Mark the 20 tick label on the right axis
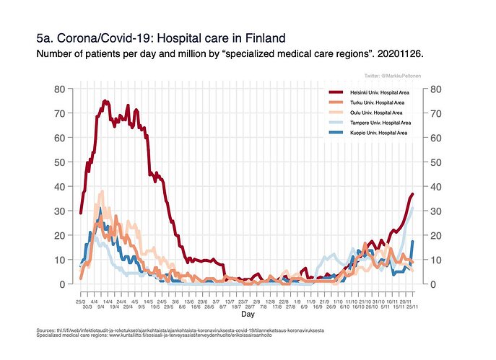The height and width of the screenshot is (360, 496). click(436, 236)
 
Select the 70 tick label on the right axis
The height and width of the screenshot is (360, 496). click(436, 114)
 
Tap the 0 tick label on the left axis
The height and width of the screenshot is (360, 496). click(64, 284)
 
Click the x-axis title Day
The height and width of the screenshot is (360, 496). click(247, 315)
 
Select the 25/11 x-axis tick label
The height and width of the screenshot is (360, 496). click(413, 307)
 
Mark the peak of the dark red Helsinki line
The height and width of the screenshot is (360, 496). click(105, 101)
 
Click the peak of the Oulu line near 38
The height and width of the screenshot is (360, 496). click(102, 192)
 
